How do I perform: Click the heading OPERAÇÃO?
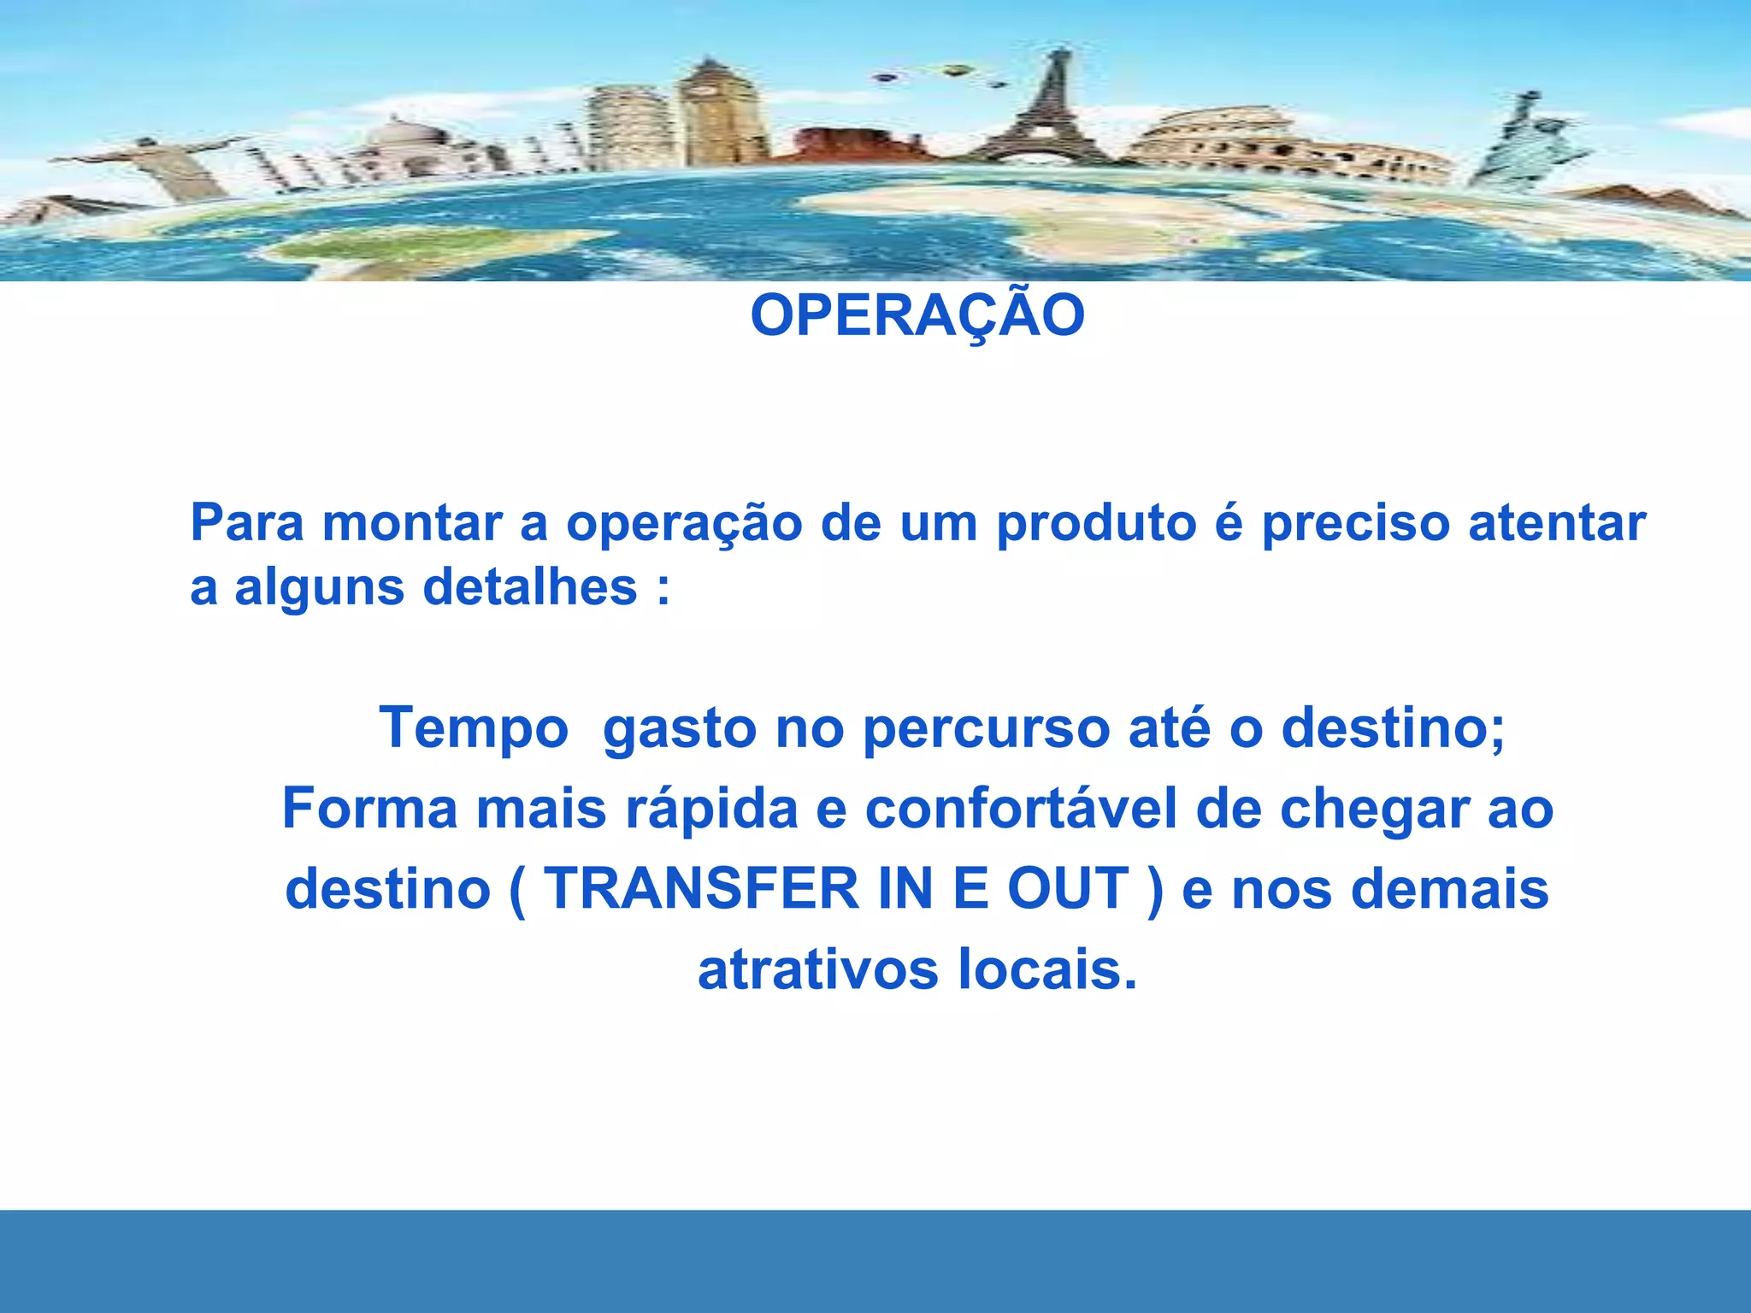tap(917, 315)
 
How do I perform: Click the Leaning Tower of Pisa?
tap(630, 128)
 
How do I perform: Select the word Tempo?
tap(474, 728)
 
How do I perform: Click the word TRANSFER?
tap(701, 889)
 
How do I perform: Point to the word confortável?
tap(1021, 809)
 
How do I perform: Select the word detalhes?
tap(530, 587)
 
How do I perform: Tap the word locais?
tap(1047, 970)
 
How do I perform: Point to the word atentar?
tap(1557, 523)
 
